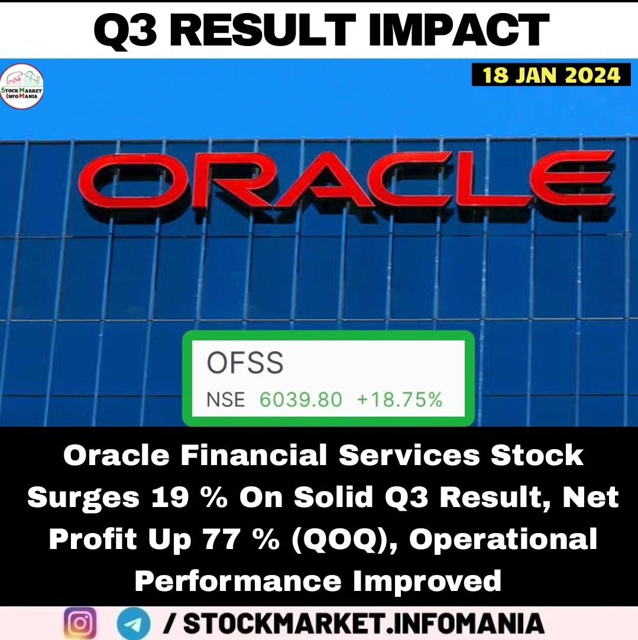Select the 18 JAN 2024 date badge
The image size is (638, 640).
[551, 75]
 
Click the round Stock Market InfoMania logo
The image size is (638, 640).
[22, 87]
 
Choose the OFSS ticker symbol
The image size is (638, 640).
[245, 363]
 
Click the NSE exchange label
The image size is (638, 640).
[225, 399]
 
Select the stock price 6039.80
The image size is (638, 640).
[300, 399]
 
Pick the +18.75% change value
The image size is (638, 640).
[400, 399]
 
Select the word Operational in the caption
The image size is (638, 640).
[503, 539]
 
